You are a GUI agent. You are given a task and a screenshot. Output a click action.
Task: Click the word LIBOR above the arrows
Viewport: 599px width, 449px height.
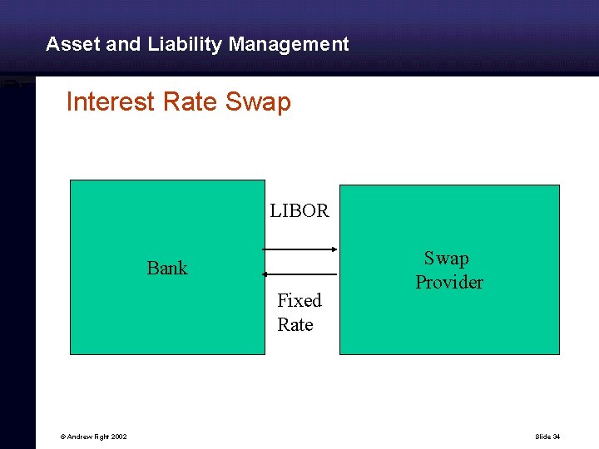tap(299, 211)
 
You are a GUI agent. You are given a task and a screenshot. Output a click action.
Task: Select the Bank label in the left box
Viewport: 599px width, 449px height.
tap(167, 268)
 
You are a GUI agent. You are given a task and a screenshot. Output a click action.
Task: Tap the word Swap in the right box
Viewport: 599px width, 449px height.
tap(447, 259)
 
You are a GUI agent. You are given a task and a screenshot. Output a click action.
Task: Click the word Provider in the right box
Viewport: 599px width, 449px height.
tap(449, 283)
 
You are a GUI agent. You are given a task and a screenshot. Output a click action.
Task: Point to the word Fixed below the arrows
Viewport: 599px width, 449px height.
tap(299, 300)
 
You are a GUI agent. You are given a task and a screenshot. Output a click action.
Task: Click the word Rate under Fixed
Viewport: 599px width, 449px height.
tap(295, 324)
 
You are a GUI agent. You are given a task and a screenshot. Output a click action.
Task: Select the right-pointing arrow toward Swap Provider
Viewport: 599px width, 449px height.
tap(299, 249)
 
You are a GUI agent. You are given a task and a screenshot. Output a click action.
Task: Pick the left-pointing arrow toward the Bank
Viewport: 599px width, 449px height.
tap(299, 274)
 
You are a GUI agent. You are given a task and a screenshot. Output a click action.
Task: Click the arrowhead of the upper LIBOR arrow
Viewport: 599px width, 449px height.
tap(333, 249)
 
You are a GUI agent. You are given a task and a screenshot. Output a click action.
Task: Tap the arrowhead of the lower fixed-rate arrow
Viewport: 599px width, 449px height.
tap(265, 274)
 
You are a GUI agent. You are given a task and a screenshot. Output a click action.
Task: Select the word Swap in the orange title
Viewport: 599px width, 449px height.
tap(258, 102)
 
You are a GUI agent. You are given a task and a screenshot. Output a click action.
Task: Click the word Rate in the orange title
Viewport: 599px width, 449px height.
tap(191, 102)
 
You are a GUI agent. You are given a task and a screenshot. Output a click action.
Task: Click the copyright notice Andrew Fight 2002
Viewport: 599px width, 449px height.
tap(86, 437)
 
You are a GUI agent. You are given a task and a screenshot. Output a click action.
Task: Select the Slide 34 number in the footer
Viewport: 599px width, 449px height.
tap(548, 437)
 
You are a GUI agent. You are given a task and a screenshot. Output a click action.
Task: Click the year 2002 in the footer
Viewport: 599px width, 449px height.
tap(117, 437)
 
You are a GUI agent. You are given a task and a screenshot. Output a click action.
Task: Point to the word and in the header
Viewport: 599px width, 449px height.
tap(124, 44)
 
